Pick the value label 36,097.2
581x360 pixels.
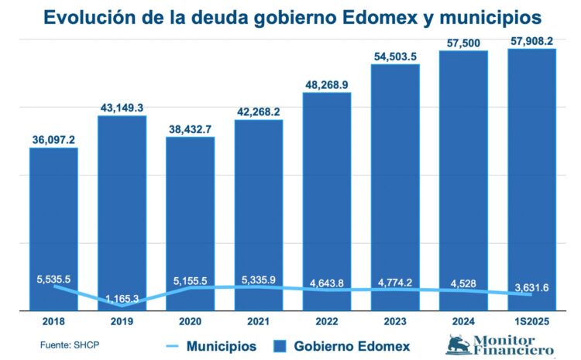[x=53, y=139]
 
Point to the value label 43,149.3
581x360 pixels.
[x=122, y=108]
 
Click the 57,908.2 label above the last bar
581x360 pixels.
[x=531, y=41]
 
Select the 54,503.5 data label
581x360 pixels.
[x=395, y=57]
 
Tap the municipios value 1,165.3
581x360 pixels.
[x=122, y=297]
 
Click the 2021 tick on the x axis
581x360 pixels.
[x=259, y=321]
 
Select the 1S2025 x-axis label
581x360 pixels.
[x=531, y=321]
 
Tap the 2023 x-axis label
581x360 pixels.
[x=395, y=321]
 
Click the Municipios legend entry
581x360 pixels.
[x=221, y=345]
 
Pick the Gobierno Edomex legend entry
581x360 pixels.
[x=352, y=345]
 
